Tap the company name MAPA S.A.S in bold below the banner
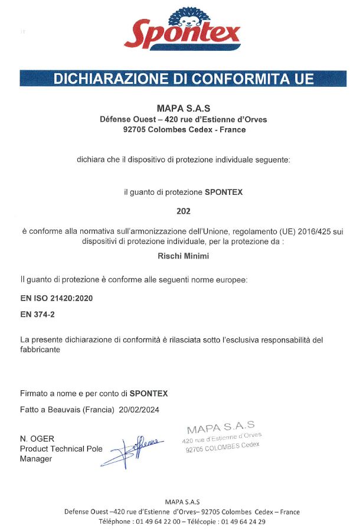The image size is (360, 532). click(x=184, y=109)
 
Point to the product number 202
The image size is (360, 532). click(x=184, y=210)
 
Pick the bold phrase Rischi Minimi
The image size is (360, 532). click(x=184, y=256)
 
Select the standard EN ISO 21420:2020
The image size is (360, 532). click(x=56, y=299)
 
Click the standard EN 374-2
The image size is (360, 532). click(x=38, y=315)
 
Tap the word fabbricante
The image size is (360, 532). click(x=41, y=350)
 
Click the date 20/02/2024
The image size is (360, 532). click(x=139, y=409)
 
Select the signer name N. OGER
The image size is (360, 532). click(x=37, y=439)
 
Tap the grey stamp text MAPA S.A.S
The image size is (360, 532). click(x=220, y=427)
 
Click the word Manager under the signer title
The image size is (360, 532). click(x=36, y=459)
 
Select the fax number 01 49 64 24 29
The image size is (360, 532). click(x=242, y=521)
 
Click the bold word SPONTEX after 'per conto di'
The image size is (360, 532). click(x=149, y=393)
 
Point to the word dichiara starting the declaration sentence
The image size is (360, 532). click(x=90, y=159)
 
